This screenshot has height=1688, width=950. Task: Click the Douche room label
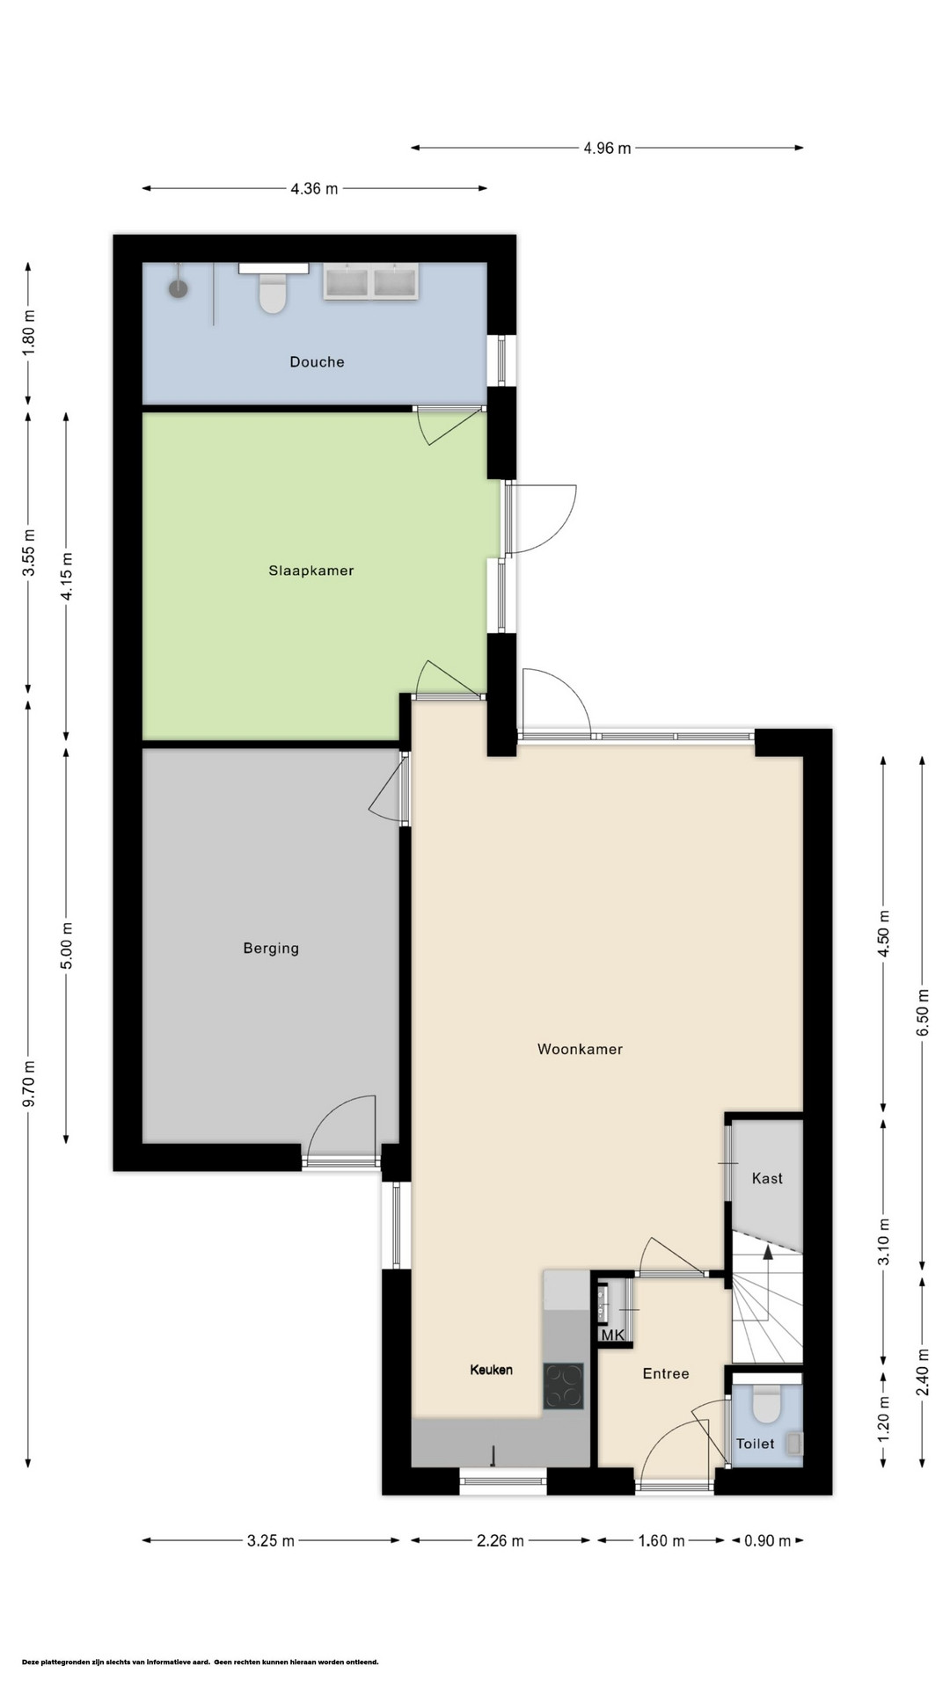(x=317, y=361)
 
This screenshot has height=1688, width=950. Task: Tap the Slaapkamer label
(x=311, y=571)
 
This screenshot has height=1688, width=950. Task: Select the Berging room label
(x=271, y=949)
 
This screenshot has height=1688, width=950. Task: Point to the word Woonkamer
(x=580, y=1049)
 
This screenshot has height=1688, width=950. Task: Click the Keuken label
(x=491, y=1370)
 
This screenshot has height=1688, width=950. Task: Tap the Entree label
(x=666, y=1373)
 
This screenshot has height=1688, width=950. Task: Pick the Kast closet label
(x=767, y=1178)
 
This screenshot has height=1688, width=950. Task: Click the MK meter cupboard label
(x=613, y=1335)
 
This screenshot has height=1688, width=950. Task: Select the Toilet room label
(x=756, y=1444)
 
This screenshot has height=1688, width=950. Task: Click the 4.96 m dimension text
(x=607, y=149)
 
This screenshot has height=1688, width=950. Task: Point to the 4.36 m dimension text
(x=314, y=188)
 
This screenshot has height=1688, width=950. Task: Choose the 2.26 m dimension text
(x=500, y=1540)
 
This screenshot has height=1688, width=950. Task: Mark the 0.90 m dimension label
(x=768, y=1540)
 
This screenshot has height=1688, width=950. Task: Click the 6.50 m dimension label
(x=923, y=1013)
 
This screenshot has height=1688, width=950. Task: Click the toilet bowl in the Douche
(x=273, y=294)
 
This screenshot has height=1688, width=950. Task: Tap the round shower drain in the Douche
(x=179, y=288)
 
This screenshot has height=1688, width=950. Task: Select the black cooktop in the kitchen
(x=563, y=1386)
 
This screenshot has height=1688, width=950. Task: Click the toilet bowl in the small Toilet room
(x=768, y=1404)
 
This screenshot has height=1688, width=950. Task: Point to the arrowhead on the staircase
(x=768, y=1253)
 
